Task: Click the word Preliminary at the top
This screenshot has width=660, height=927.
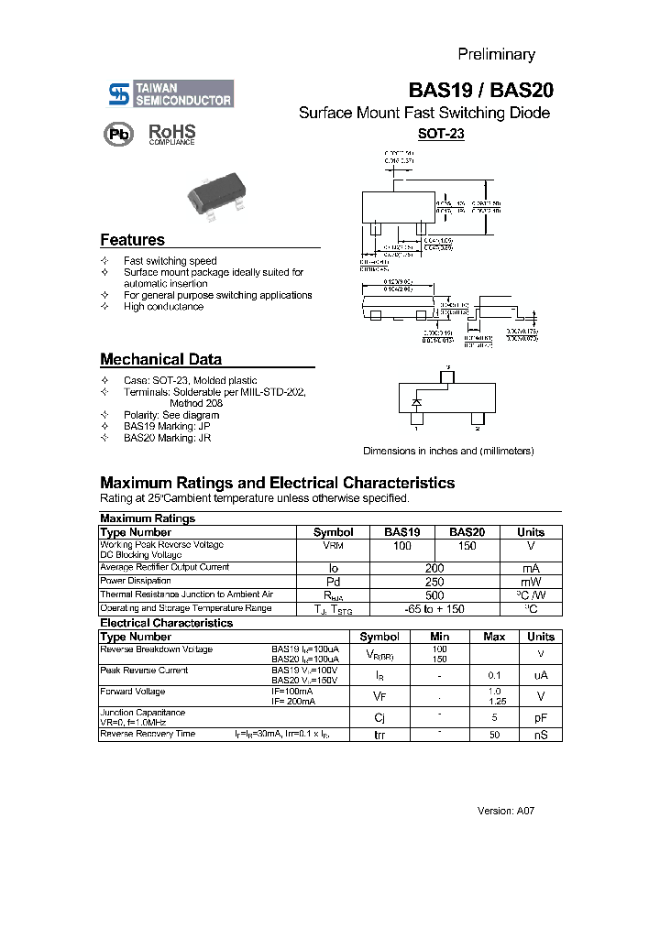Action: point(496,54)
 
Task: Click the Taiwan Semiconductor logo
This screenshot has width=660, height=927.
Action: point(170,93)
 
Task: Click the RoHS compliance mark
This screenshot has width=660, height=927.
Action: point(172,134)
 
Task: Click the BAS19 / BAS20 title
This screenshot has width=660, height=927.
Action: point(480,91)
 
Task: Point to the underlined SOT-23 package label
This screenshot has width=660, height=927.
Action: point(441,134)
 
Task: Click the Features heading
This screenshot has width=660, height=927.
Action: point(132,240)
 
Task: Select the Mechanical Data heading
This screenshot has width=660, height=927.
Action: point(160,360)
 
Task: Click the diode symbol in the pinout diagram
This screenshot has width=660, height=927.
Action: point(417,402)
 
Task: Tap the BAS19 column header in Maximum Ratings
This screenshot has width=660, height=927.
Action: point(401,532)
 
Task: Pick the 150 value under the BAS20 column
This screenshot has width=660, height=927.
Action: point(467,546)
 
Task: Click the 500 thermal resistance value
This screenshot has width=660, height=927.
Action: point(434,594)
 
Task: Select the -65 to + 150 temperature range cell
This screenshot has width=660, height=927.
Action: point(434,608)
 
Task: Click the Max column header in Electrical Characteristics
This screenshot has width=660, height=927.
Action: point(494,637)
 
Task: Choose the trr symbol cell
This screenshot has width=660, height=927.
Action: point(379,735)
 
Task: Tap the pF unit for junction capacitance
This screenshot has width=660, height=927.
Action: point(541,718)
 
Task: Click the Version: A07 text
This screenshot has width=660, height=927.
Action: point(505,811)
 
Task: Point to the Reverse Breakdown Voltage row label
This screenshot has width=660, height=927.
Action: point(156,649)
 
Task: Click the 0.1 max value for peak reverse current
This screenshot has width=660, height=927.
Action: point(494,675)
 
